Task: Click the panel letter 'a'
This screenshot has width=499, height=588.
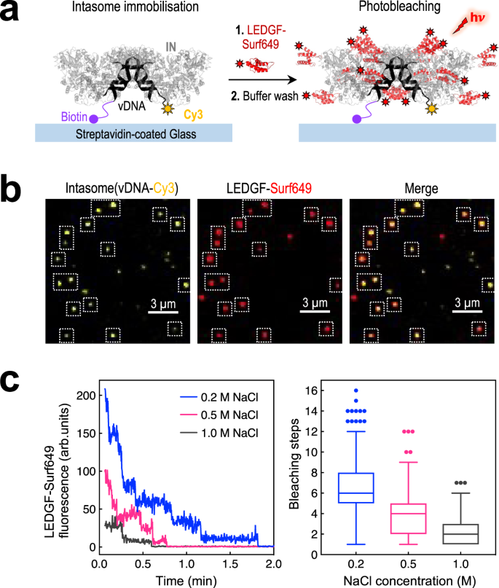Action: [14, 15]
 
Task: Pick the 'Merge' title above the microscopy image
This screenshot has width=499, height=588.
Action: [420, 189]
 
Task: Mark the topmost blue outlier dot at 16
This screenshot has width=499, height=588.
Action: [355, 391]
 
